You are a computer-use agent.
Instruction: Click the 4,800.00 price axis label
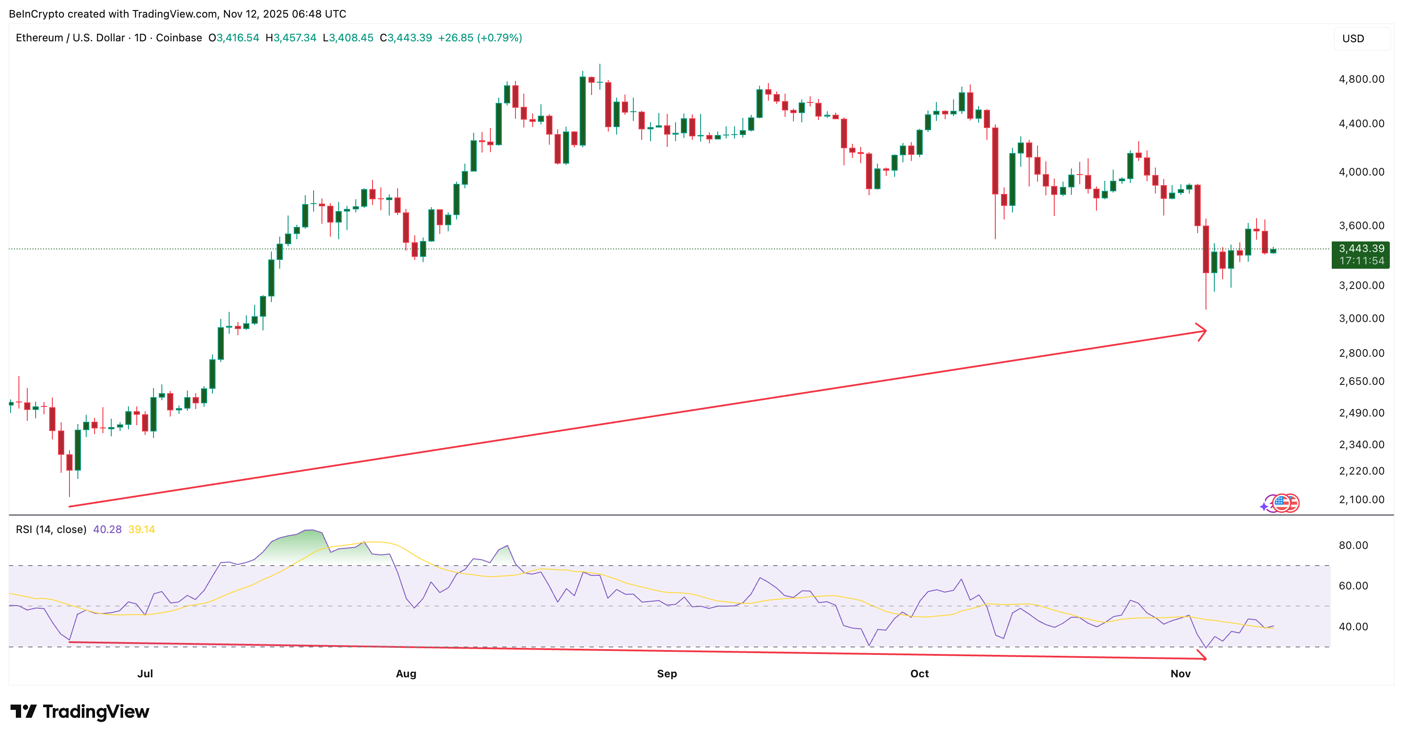point(1361,79)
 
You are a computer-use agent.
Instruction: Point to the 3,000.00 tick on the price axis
point(1361,318)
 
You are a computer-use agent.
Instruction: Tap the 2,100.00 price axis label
point(1361,500)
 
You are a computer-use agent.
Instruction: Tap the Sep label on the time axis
point(667,674)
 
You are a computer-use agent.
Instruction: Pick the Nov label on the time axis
point(1180,674)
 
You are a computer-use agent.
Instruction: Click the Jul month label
point(145,674)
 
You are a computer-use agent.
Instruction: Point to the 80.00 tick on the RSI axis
point(1353,545)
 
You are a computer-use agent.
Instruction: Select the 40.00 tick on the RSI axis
point(1353,626)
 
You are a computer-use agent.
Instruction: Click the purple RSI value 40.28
point(107,530)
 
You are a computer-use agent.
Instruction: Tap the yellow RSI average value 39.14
point(142,530)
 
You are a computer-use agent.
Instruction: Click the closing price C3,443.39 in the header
point(406,37)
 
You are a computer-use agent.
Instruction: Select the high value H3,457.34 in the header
point(291,37)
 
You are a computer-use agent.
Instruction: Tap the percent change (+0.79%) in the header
point(500,37)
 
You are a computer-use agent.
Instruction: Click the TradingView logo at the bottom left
point(80,711)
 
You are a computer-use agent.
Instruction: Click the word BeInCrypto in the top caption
point(37,14)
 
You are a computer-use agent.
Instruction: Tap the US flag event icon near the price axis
point(1283,502)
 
